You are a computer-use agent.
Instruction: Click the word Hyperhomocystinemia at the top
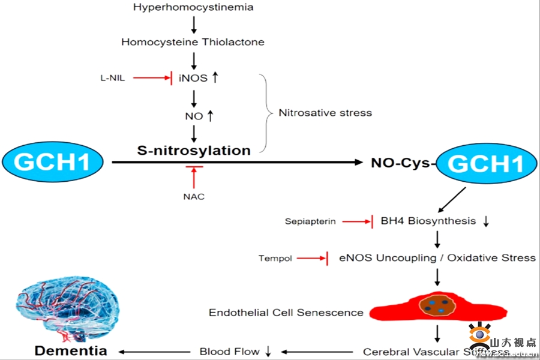click(193, 8)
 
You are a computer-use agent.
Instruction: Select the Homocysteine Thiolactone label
click(193, 42)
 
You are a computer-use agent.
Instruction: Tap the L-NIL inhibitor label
click(113, 77)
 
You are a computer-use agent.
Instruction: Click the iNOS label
click(191, 77)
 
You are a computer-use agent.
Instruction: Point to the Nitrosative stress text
click(325, 112)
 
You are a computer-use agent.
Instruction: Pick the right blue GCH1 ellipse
click(486, 163)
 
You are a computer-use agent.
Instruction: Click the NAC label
click(194, 196)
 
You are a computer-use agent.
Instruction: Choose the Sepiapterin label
click(310, 222)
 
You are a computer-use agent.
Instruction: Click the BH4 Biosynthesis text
click(428, 221)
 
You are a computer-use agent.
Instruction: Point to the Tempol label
click(275, 259)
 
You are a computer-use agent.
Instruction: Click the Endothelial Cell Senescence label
click(286, 313)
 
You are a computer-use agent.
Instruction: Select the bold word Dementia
click(71, 351)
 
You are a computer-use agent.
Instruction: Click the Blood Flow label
click(230, 352)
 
